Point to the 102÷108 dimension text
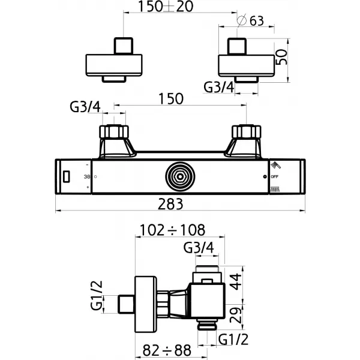(172, 229)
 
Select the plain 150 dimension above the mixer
(171, 99)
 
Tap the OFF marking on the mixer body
(275, 178)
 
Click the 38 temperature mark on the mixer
(87, 177)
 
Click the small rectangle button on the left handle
(67, 176)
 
